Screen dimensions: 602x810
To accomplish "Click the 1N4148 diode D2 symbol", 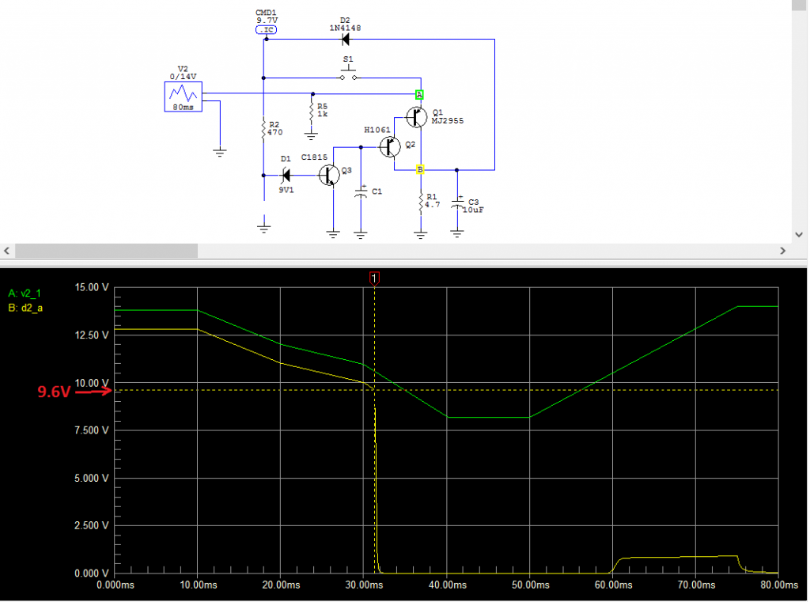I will click(345, 39).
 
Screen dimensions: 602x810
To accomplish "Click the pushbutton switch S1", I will click(349, 77).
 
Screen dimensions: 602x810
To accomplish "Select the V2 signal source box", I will click(183, 97).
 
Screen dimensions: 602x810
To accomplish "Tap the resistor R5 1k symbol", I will click(312, 110).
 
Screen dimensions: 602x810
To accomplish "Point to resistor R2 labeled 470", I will click(263, 128).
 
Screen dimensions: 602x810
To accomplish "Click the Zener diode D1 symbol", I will click(286, 174).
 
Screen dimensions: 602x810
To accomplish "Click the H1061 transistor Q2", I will click(389, 146).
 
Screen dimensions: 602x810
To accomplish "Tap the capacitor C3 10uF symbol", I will click(457, 203).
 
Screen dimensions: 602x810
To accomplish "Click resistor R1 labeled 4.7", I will click(421, 205).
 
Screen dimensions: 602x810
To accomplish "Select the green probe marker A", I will click(420, 94).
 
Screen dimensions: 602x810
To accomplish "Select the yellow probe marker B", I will click(420, 169).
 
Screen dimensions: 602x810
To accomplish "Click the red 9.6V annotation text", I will click(54, 391).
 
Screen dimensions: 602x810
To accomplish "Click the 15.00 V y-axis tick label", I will click(89, 288).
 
